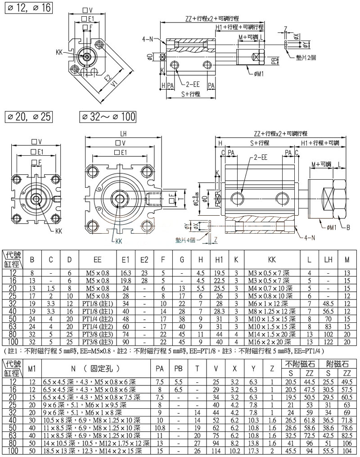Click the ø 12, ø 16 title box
pos(28,8)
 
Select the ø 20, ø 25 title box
pos(28,117)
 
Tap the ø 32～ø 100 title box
pos(108,117)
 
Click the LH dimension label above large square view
pos(123,134)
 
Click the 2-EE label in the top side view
pos(193,84)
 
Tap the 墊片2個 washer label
pos(308,58)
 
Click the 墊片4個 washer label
pos(187,240)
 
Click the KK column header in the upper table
pos(272,260)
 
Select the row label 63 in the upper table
pos(13,327)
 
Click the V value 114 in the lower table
pos(216,452)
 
